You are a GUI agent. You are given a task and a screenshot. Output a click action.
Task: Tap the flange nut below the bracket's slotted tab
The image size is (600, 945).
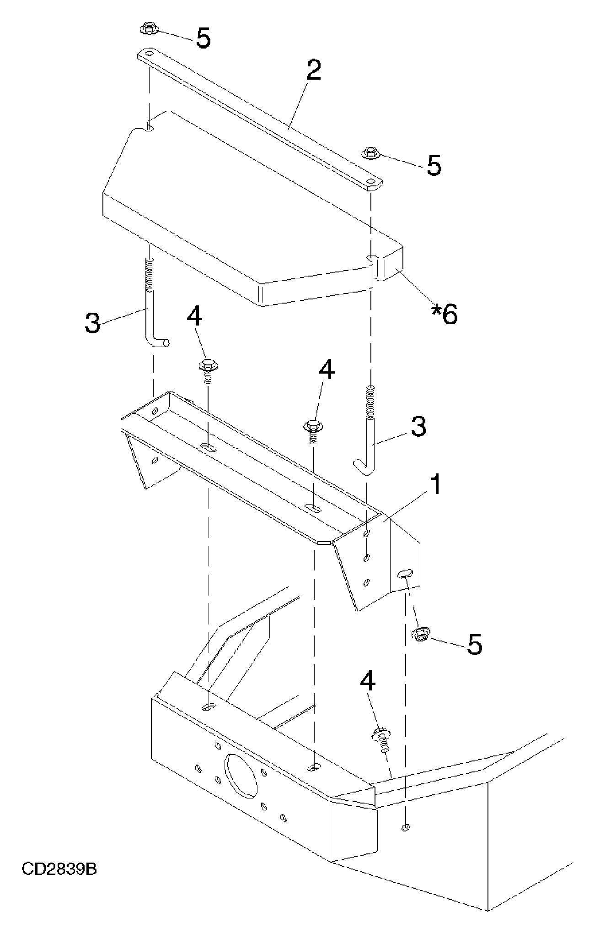(420, 635)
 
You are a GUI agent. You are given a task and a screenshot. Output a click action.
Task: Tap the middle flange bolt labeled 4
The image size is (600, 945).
(313, 431)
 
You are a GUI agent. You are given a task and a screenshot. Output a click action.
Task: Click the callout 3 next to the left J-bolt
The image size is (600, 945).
(92, 323)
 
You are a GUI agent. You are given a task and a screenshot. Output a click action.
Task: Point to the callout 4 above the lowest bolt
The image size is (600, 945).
(368, 682)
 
